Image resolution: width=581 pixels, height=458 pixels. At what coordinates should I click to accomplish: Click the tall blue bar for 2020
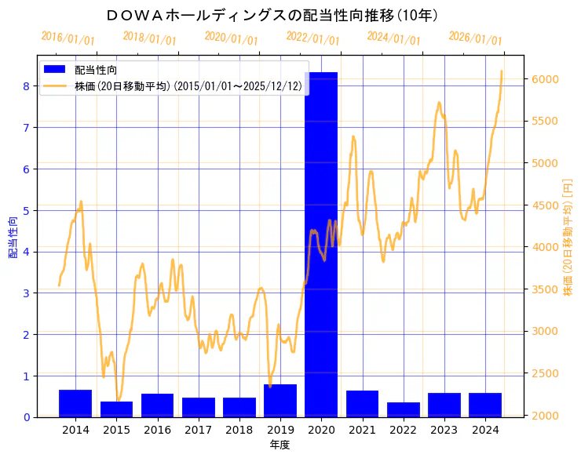tap(321, 244)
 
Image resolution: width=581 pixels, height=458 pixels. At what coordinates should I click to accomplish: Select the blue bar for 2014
tap(75, 403)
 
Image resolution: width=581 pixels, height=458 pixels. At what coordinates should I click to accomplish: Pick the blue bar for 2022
tap(404, 409)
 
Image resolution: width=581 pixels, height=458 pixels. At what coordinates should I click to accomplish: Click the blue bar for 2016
tap(157, 405)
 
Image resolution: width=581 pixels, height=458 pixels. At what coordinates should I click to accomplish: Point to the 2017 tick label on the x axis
tap(198, 430)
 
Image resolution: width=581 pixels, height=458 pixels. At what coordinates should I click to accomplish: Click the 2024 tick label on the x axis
tap(485, 430)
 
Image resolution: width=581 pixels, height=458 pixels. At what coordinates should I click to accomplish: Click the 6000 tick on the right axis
tap(544, 79)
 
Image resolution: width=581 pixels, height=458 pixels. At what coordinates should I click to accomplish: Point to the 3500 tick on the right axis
tap(544, 289)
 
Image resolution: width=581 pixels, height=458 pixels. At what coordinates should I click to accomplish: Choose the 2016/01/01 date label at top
tap(68, 38)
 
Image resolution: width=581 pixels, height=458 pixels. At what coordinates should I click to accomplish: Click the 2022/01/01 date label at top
tap(312, 38)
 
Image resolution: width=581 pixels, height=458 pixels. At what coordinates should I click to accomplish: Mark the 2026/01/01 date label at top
tap(475, 38)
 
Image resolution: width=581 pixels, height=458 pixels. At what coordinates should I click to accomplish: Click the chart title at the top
tap(272, 15)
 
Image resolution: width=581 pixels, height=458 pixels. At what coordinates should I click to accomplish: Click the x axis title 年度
tap(280, 445)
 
